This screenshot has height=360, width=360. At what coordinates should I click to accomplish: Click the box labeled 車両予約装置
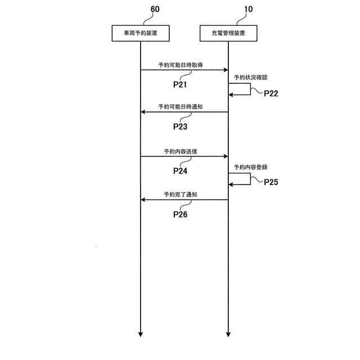tap(140, 34)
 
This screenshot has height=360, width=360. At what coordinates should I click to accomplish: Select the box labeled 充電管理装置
tap(228, 34)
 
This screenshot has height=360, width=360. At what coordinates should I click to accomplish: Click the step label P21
tap(180, 84)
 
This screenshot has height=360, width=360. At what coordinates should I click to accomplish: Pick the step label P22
tap(271, 93)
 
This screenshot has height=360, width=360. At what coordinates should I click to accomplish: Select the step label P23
tap(180, 127)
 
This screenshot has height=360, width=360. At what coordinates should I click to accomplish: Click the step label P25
tap(271, 182)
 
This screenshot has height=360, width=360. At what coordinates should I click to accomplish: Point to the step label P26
tap(180, 214)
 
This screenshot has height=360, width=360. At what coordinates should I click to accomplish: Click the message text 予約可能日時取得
tap(180, 65)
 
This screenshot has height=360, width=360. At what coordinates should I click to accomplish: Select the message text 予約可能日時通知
tap(180, 107)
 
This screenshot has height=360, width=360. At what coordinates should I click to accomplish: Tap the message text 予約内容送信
tap(180, 152)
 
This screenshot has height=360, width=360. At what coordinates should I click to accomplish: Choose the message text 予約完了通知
tap(180, 195)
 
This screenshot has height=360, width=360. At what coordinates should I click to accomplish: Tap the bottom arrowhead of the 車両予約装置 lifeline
tap(140, 334)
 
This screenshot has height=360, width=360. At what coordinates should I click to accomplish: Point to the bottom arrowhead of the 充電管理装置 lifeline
tap(228, 334)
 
